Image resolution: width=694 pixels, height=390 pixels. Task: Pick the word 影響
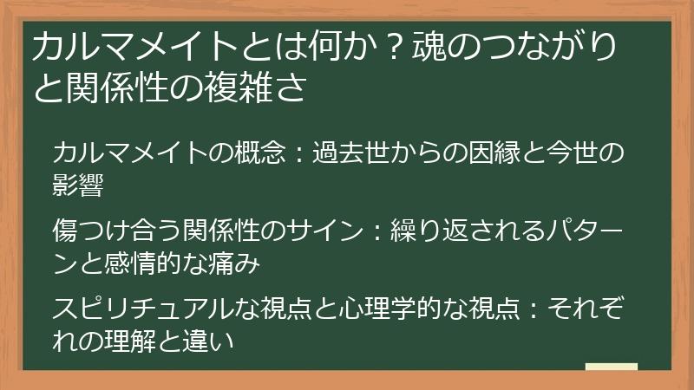pos(78,185)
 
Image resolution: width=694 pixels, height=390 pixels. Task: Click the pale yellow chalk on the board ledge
pos(611,367)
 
